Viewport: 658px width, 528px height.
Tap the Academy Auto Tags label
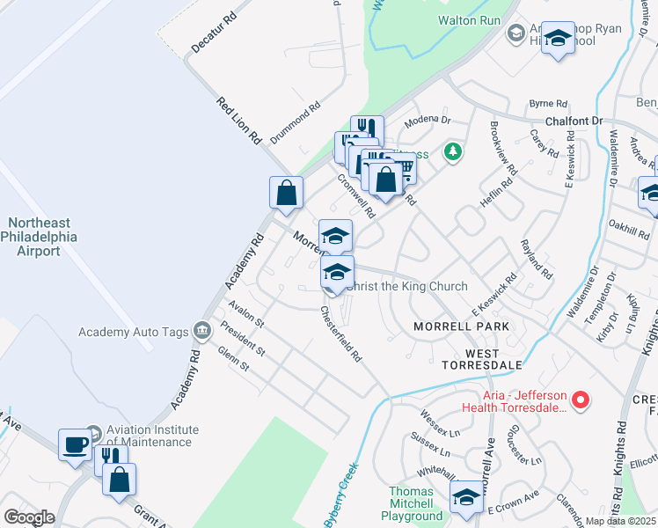pyautogui.click(x=134, y=332)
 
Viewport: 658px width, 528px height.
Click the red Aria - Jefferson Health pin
pyautogui.click(x=580, y=401)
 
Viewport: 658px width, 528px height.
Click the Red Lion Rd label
pyautogui.click(x=239, y=121)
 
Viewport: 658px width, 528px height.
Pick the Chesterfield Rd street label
pyautogui.click(x=341, y=334)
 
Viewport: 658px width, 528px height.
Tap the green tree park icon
pyautogui.click(x=453, y=151)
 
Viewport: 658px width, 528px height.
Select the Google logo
pyautogui.click(x=29, y=517)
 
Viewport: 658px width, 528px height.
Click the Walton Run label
pyautogui.click(x=468, y=18)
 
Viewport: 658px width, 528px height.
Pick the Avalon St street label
pyautogui.click(x=245, y=313)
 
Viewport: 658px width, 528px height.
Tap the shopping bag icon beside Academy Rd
pyautogui.click(x=287, y=193)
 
